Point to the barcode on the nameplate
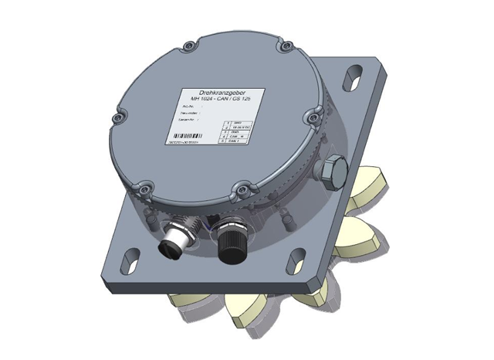pyautogui.click(x=184, y=137)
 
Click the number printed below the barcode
pyautogui.click(x=185, y=143)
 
